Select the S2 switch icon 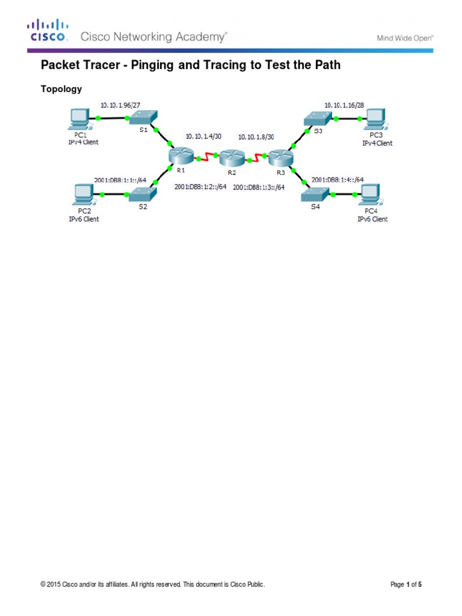coord(143,194)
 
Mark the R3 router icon coord(280,158)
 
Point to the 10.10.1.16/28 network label coord(344,105)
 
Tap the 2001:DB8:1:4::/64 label coord(337,179)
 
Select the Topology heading coord(61,89)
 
